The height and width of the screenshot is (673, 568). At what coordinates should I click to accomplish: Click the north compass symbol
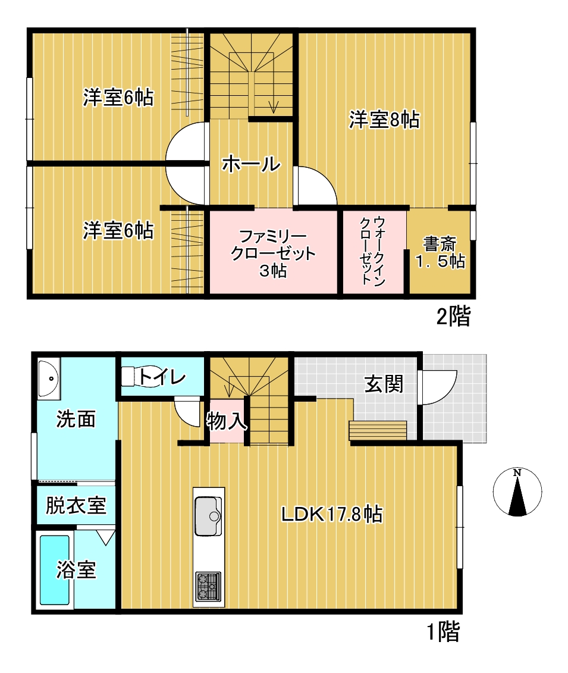(517, 492)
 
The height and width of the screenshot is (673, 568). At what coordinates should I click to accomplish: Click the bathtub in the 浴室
(55, 570)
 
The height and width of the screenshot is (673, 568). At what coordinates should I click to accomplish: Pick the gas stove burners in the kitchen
(208, 586)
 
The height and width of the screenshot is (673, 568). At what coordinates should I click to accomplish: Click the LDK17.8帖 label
(331, 514)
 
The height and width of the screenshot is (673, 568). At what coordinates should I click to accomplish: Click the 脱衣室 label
(76, 506)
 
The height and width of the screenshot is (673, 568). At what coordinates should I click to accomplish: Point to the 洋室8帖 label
(384, 120)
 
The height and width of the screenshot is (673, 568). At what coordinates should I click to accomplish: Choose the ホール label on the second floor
(250, 164)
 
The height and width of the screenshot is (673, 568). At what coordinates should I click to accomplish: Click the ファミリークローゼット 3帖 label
(273, 253)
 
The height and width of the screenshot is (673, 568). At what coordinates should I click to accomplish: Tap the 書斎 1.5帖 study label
(440, 253)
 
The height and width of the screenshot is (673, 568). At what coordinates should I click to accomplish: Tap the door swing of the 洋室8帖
(315, 187)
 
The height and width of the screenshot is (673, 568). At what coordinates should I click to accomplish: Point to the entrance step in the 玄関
(378, 430)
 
